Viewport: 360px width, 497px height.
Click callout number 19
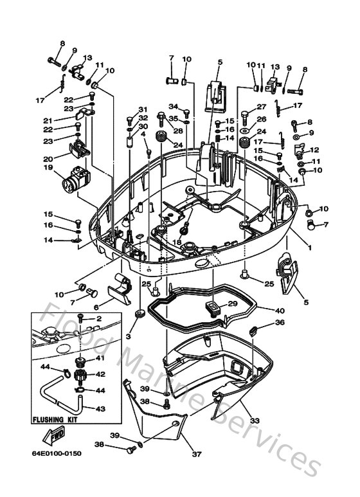48,168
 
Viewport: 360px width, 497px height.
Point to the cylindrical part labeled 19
75,177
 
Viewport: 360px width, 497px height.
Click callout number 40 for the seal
280,311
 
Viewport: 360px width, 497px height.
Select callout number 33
255,421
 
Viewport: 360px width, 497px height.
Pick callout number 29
233,303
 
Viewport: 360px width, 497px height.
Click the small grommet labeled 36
252,332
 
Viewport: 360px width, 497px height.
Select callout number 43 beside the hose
102,409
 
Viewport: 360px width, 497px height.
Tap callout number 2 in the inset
99,319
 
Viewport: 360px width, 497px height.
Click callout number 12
315,150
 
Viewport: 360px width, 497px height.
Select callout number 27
262,107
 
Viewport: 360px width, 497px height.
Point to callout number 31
143,109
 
